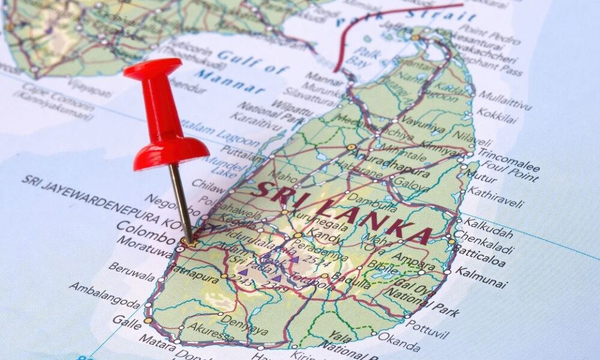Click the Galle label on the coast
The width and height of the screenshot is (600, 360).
click(x=127, y=322)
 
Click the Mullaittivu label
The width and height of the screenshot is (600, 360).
click(x=505, y=100)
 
